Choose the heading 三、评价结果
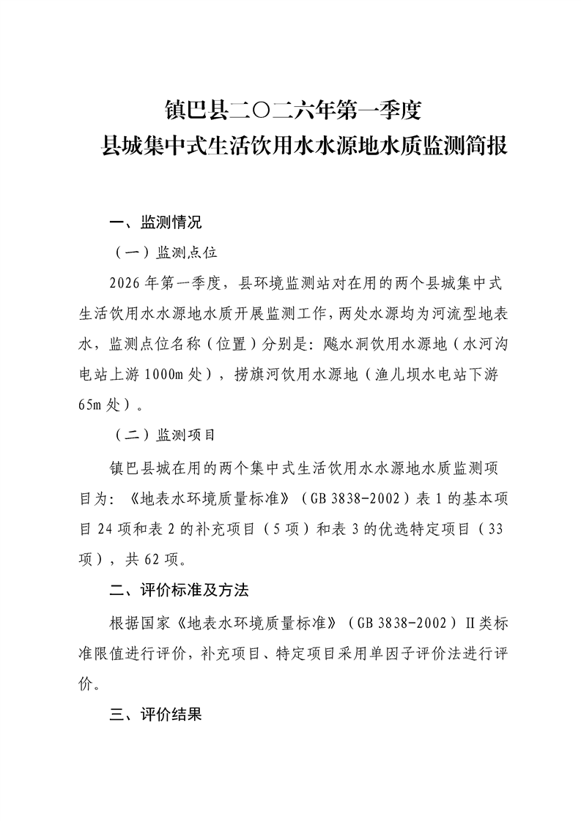(x=155, y=714)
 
